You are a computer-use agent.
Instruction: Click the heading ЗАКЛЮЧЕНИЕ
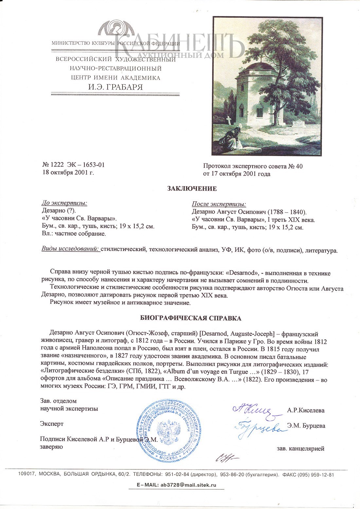click(192, 189)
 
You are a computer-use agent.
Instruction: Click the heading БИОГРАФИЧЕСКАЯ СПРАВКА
click(191, 318)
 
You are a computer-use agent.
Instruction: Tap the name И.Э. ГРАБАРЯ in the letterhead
click(116, 87)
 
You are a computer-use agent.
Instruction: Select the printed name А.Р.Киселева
click(306, 410)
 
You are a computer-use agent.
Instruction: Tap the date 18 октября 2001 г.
click(68, 172)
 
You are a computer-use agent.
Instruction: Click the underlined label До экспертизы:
click(64, 203)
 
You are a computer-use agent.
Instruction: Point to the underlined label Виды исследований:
click(70, 249)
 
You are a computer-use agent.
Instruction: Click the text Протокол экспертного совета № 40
click(253, 166)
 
